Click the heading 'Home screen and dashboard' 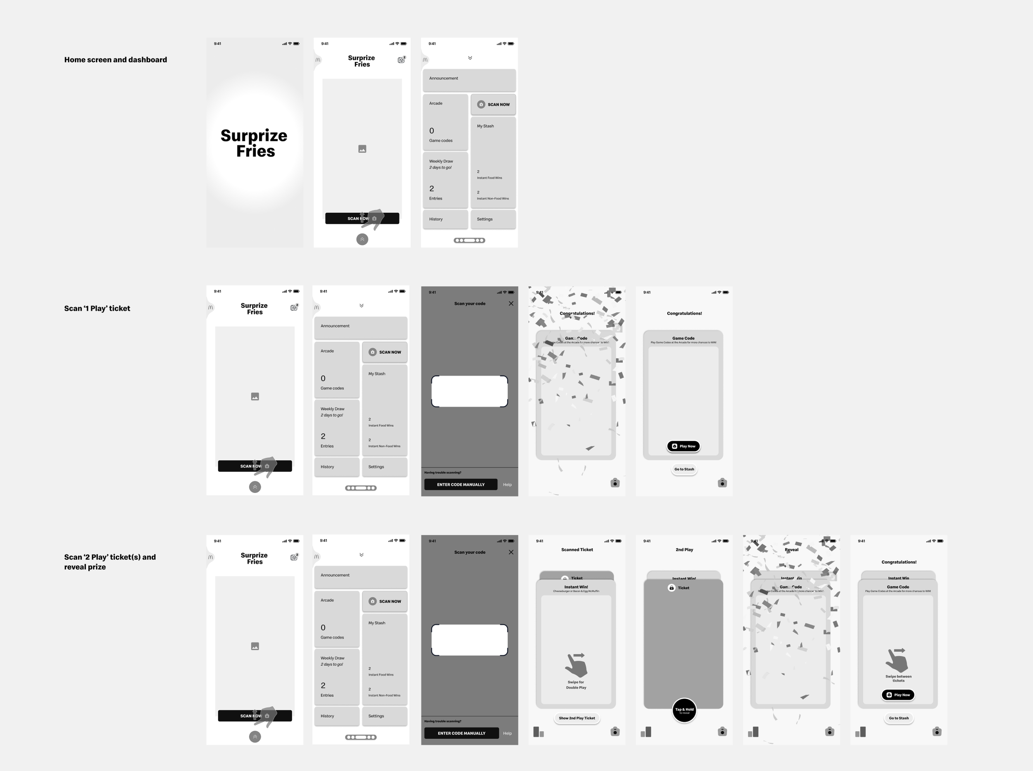pos(115,60)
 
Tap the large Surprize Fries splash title pos(255,143)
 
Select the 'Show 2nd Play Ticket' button pos(576,718)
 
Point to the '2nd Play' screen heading pos(684,550)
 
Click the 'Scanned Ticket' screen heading pos(576,550)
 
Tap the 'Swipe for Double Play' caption pos(576,685)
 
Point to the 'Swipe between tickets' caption pos(898,678)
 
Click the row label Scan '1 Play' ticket pos(97,309)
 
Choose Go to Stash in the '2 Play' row pos(899,718)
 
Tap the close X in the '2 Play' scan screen pos(511,552)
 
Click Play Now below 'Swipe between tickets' pos(898,695)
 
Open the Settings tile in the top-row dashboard pos(493,219)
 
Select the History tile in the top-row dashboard pos(445,219)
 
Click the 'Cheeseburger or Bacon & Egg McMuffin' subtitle pos(576,591)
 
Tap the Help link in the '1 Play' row pos(507,485)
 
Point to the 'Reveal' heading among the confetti pos(791,550)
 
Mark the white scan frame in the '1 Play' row pos(469,391)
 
